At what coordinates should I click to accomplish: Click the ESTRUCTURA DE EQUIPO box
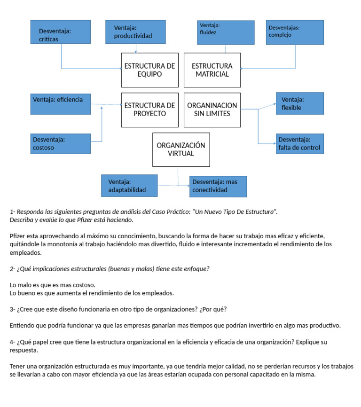pos(149,70)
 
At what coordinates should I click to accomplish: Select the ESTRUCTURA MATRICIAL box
pos(212,70)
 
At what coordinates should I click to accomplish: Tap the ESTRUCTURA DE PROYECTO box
pos(149,110)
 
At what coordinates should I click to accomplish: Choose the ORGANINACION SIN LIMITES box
pos(212,110)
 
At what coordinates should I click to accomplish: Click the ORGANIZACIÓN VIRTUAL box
pos(181,149)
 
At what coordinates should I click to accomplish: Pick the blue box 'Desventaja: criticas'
pos(60,32)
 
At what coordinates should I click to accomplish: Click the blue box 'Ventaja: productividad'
pos(136,32)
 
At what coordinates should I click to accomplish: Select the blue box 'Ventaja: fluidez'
pos(226,32)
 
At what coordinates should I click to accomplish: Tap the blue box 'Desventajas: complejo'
pos(295,32)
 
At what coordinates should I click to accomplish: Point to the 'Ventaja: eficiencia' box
pos(60,103)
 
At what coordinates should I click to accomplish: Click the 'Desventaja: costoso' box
pos(60,144)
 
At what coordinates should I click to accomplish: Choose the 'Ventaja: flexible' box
pos(300,103)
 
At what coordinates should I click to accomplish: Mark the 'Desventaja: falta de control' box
pos(300,144)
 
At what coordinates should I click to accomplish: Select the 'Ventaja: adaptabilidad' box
pos(129,186)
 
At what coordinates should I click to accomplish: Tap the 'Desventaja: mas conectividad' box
pos(218,186)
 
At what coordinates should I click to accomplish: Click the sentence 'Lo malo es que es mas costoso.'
pos(53,285)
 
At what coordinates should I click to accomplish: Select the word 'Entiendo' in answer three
pos(22,325)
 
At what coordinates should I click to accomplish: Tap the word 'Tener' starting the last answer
pos(17,366)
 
